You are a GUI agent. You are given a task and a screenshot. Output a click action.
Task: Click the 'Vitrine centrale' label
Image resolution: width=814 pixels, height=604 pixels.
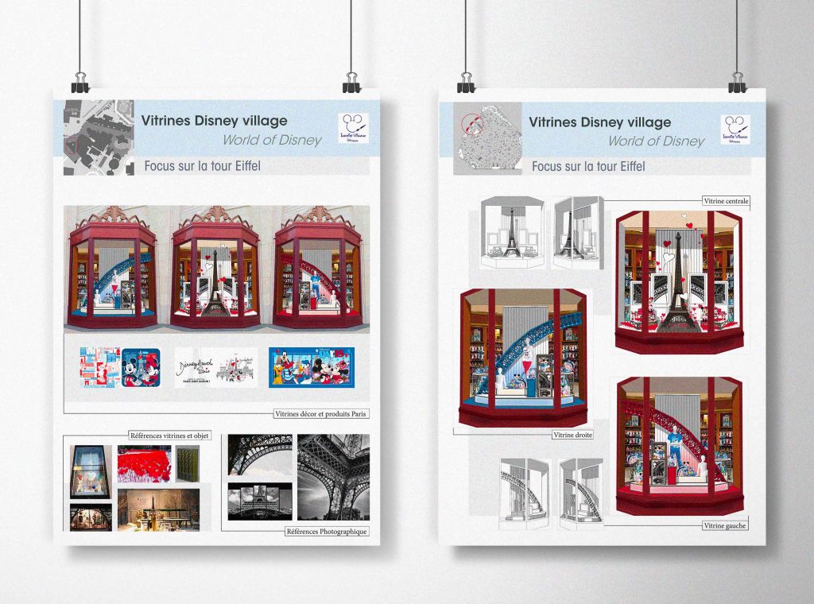[x=726, y=202]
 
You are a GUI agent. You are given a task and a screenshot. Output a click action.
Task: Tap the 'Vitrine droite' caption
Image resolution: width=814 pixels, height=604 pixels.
[x=574, y=435]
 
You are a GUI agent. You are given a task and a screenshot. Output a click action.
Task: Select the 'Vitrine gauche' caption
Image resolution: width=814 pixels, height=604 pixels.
[x=724, y=525]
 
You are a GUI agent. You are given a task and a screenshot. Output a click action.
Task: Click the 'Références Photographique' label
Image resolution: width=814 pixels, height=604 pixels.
[x=327, y=531]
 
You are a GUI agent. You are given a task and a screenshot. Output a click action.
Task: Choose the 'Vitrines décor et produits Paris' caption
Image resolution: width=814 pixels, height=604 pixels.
[x=321, y=414]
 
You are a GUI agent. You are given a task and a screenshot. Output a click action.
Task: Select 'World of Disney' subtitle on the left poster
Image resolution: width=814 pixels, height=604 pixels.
[x=272, y=141]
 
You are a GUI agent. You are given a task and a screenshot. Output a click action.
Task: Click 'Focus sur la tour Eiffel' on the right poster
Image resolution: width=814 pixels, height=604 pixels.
[x=588, y=167]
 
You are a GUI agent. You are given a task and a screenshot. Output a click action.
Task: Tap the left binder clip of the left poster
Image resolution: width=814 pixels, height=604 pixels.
[x=80, y=81]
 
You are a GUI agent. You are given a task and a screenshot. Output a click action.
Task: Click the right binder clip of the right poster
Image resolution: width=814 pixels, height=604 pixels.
[x=738, y=81]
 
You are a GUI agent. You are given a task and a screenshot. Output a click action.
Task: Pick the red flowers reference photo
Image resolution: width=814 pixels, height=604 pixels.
[x=144, y=463]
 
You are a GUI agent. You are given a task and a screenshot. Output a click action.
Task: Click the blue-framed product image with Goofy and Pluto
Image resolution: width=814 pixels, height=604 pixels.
[x=311, y=366]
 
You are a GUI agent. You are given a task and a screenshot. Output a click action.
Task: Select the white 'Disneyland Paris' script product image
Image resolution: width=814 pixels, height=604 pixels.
[x=215, y=367]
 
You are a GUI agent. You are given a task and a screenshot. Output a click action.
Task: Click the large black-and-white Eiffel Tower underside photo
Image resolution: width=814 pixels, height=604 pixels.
[x=333, y=477]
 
